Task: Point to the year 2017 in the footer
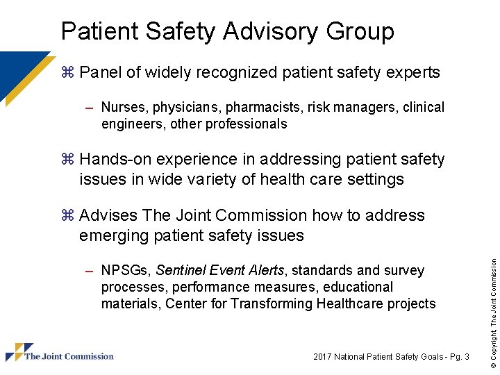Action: pos(322,357)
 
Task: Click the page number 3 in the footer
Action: pos(467,357)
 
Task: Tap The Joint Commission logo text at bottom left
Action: pos(69,356)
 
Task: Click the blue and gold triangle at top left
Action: pos(21,73)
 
